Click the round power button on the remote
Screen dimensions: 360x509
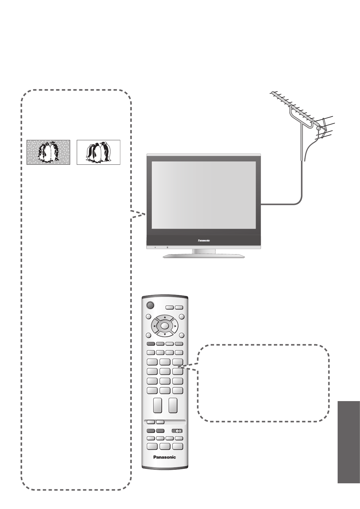pos(150,305)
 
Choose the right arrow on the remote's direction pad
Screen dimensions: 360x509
pos(175,326)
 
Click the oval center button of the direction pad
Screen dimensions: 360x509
pos(164,326)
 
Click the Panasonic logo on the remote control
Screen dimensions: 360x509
pos(164,457)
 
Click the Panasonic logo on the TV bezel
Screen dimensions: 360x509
pos(204,241)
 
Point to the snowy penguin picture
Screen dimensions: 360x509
pos(48,152)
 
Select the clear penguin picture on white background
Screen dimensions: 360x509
pos(99,152)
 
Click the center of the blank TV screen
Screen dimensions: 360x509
pos(203,195)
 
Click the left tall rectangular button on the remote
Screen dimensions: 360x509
pos(158,405)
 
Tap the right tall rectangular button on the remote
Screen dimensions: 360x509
pos(173,405)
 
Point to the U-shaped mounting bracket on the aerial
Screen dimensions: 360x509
pos(299,118)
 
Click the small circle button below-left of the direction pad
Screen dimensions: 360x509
pos(148,336)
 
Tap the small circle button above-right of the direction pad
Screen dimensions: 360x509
pos(182,316)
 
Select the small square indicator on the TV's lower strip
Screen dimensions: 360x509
pos(167,247)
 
